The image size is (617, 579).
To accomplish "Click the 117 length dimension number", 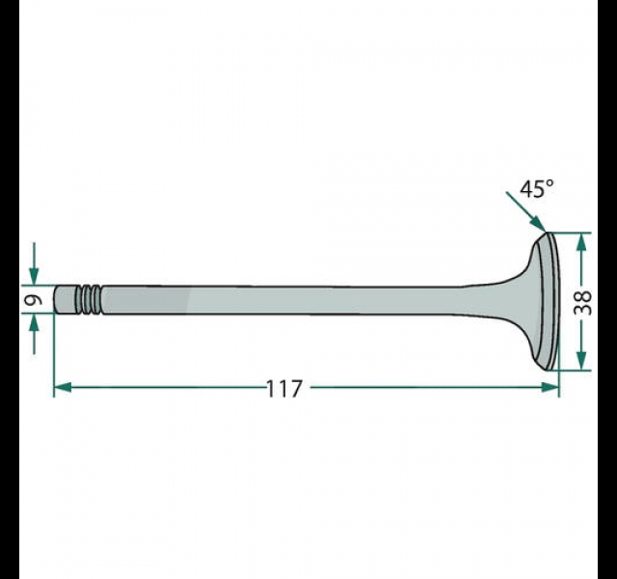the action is tap(284, 389).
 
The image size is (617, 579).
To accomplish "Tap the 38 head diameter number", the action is tap(582, 302).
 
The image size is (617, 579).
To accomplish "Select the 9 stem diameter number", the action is tap(34, 301).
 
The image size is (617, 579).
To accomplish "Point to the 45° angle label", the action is tap(537, 189).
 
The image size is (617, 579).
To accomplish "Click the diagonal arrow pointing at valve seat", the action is tap(525, 211).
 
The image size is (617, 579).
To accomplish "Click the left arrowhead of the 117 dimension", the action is tap(63, 387).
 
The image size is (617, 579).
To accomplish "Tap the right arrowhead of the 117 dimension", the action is tap(550, 387).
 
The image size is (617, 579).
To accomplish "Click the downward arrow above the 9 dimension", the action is tap(34, 263).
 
